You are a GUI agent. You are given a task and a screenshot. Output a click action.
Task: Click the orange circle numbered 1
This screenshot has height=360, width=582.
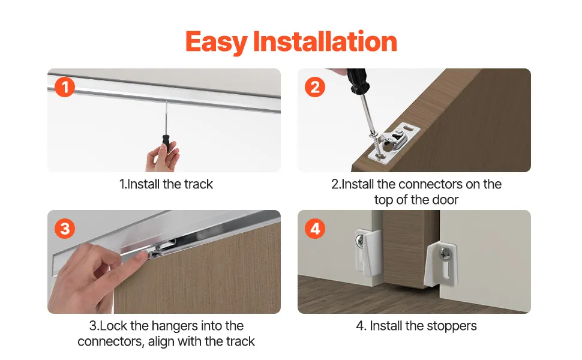pos(65,87)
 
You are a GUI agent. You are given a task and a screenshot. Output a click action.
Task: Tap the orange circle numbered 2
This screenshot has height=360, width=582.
pos(315,87)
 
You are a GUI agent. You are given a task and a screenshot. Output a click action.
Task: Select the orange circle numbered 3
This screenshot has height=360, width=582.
pos(65,229)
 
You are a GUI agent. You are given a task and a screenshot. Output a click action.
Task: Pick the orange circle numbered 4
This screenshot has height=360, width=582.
pos(315,229)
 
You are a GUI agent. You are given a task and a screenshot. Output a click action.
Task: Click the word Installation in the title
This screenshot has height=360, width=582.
pos(325,41)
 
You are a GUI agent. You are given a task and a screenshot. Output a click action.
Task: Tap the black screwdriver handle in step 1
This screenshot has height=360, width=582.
pos(166,143)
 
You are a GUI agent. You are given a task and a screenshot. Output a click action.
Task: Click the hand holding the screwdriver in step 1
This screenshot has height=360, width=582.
pos(163,158)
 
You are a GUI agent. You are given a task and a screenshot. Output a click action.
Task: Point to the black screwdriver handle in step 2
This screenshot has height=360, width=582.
pos(358,80)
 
